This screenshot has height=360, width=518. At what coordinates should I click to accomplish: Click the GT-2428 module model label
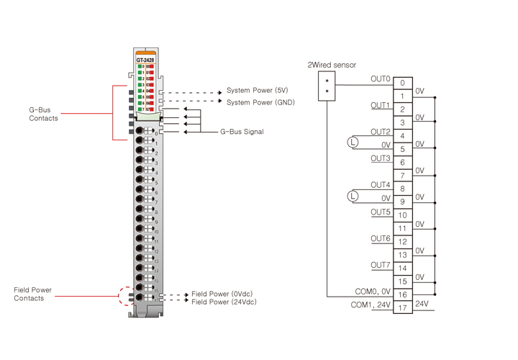pyautogui.click(x=145, y=60)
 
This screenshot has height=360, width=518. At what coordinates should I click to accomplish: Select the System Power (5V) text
pyautogui.click(x=257, y=91)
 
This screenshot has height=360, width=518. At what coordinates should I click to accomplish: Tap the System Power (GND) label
pyautogui.click(x=260, y=102)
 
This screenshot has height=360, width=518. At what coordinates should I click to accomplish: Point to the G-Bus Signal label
pyautogui.click(x=242, y=132)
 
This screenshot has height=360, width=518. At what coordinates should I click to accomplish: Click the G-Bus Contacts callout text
pyautogui.click(x=43, y=114)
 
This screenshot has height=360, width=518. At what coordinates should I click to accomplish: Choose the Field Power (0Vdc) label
pyautogui.click(x=222, y=294)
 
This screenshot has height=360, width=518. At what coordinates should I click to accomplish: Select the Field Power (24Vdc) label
pyautogui.click(x=224, y=302)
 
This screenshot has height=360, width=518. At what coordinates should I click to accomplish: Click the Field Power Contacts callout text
pyautogui.click(x=32, y=294)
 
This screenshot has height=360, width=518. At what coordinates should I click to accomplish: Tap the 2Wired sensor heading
pyautogui.click(x=332, y=65)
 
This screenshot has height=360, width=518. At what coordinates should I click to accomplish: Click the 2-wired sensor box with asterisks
pyautogui.click(x=327, y=86)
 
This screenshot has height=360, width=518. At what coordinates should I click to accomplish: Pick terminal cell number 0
pyautogui.click(x=402, y=84)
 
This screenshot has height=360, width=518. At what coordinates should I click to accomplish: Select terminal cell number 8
pyautogui.click(x=402, y=189)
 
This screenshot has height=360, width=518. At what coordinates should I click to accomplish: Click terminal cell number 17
pyautogui.click(x=402, y=308)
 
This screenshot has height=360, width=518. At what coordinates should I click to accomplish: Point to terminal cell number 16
pyautogui.click(x=402, y=295)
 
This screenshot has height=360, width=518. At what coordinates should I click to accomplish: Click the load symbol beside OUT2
pyautogui.click(x=353, y=143)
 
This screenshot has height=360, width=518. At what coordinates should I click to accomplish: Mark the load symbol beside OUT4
pyautogui.click(x=353, y=196)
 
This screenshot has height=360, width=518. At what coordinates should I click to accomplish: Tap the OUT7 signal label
pyautogui.click(x=381, y=265)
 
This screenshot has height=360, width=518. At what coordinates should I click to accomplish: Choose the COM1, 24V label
pyautogui.click(x=371, y=305)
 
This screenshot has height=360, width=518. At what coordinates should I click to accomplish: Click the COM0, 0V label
pyautogui.click(x=373, y=292)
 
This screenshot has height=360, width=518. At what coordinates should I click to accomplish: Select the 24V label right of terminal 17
pyautogui.click(x=422, y=304)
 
